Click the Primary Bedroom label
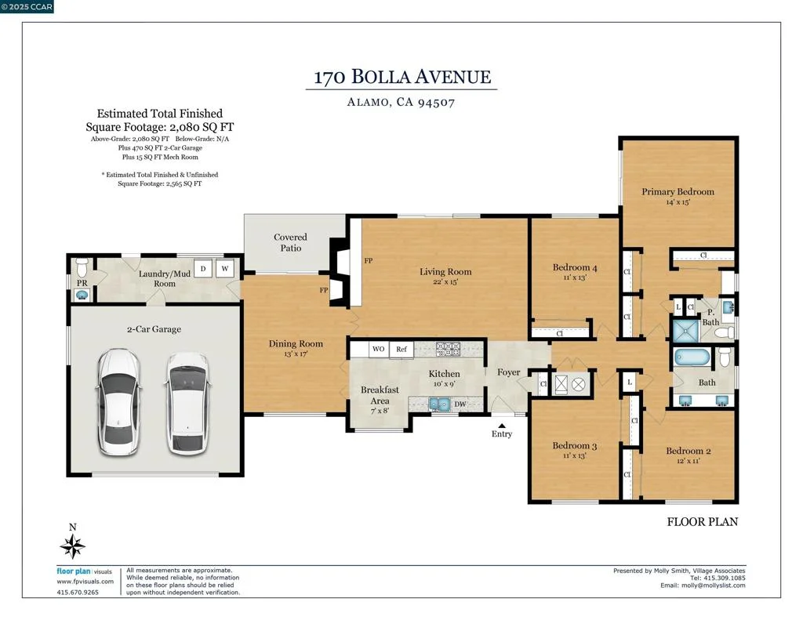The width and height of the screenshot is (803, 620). [x=678, y=191]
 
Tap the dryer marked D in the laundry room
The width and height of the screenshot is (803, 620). [x=203, y=269]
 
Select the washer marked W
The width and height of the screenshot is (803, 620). [x=225, y=269]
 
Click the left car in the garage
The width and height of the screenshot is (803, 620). [x=119, y=402]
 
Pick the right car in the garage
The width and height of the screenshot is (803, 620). [x=187, y=403]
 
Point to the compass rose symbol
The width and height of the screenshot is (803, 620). [x=72, y=546]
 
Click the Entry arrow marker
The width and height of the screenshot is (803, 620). [x=502, y=426]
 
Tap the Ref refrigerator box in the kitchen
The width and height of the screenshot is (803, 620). [x=401, y=349]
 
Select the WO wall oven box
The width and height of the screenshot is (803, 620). [x=379, y=349]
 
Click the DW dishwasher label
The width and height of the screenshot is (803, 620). [x=460, y=404]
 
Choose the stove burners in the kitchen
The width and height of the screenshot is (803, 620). [x=448, y=349]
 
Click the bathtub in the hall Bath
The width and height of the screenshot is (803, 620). [x=692, y=357]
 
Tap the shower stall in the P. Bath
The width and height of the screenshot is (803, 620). [x=685, y=332]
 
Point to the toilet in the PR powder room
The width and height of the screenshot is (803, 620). [x=82, y=266]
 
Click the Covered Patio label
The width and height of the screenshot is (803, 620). [x=290, y=242]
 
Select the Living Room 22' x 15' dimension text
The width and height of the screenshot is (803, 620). [x=445, y=281]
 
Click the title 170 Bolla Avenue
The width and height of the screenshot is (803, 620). [x=402, y=77]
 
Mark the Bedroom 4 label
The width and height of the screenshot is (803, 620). [x=575, y=267]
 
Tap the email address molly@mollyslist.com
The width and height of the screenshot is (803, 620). [x=713, y=586]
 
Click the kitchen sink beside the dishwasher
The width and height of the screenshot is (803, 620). [x=439, y=404]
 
